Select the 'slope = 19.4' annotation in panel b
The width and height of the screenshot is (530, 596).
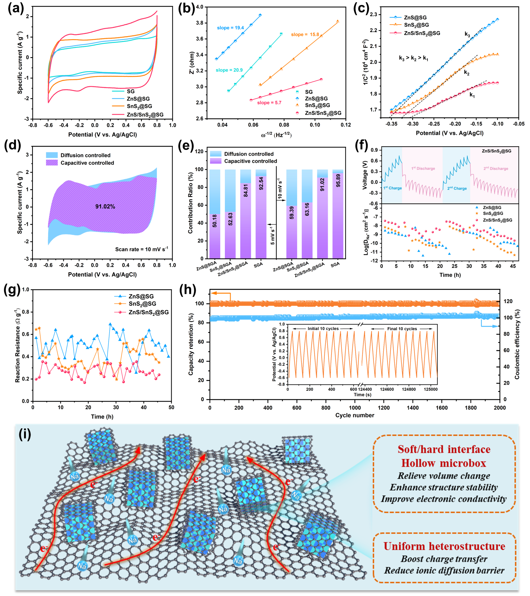[x=230, y=28]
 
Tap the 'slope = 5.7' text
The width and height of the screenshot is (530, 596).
[x=269, y=103]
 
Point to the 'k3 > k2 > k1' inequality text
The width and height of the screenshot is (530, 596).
[x=413, y=58]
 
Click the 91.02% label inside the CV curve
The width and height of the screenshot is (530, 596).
[x=105, y=207]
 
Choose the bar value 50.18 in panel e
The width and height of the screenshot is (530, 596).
[x=215, y=221]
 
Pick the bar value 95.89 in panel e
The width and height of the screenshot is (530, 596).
[x=338, y=180]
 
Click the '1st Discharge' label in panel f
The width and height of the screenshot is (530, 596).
[x=423, y=168]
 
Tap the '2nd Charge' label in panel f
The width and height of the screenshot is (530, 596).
[x=457, y=188]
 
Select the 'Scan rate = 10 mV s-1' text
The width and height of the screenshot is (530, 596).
[x=141, y=249]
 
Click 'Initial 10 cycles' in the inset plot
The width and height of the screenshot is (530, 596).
[x=323, y=329]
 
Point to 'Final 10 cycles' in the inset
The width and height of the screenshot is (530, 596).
[x=402, y=329]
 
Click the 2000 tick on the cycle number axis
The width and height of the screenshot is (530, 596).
[x=500, y=408]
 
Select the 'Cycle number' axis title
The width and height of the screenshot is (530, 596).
[x=355, y=415]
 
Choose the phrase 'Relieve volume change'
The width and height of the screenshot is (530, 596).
[x=444, y=476]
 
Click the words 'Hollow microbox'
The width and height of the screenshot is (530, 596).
[x=444, y=463]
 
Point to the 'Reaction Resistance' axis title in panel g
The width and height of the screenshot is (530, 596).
[x=18, y=345]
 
